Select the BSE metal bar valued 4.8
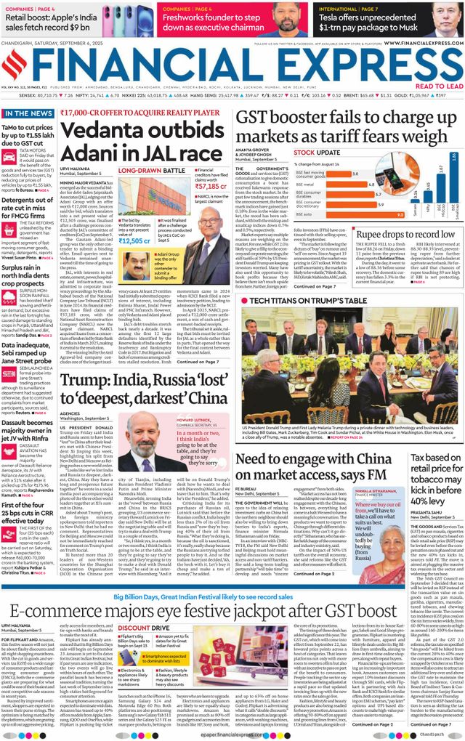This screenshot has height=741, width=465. click(348, 185)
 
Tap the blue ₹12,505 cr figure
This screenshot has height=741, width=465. click(135, 240)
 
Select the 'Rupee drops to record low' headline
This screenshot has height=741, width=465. click(406, 235)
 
